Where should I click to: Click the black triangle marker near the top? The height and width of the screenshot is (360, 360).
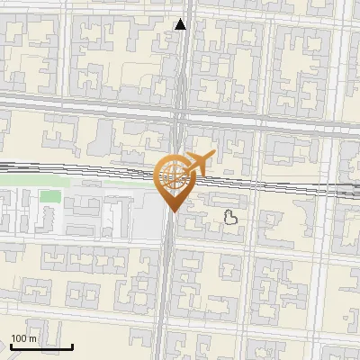click(x=181, y=24)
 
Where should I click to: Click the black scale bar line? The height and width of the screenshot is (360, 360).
click(x=41, y=346)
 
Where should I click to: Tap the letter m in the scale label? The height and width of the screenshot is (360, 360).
click(x=34, y=337)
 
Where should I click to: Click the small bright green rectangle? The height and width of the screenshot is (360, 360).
click(x=50, y=196)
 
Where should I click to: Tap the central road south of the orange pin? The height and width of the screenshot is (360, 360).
click(x=168, y=288)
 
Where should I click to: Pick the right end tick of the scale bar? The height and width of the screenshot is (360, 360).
click(x=72, y=345)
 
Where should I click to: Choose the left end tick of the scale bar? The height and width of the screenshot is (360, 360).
click(x=11, y=345)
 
